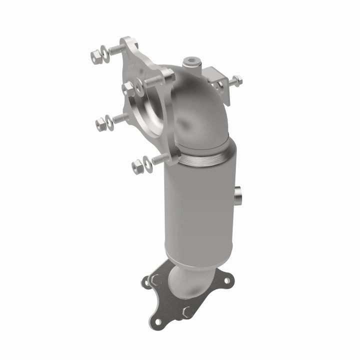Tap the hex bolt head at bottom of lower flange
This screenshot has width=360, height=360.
point(188,311)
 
